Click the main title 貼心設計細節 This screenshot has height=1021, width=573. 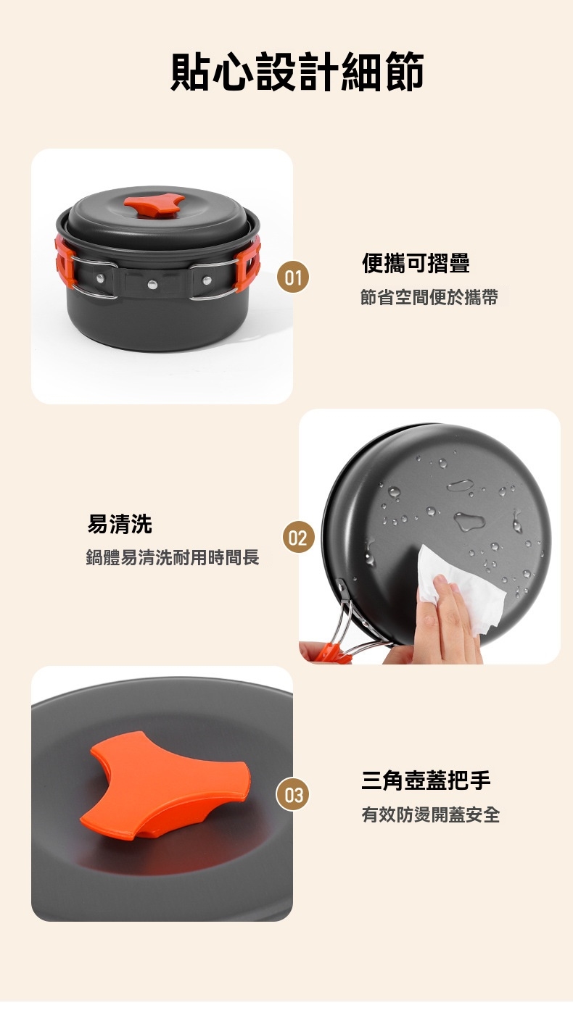297,72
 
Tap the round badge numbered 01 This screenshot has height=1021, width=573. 293,277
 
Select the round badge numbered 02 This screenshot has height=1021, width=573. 299,538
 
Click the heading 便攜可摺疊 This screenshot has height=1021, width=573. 416,263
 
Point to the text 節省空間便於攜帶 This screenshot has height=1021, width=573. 429,296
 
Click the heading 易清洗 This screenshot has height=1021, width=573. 120,524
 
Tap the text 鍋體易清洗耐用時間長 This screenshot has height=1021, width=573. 173,557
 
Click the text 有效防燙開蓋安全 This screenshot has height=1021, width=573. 431,814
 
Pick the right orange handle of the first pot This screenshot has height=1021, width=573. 249,263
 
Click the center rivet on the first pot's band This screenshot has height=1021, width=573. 152,285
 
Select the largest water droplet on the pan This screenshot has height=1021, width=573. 469,520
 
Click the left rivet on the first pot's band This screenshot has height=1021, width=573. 100,278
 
